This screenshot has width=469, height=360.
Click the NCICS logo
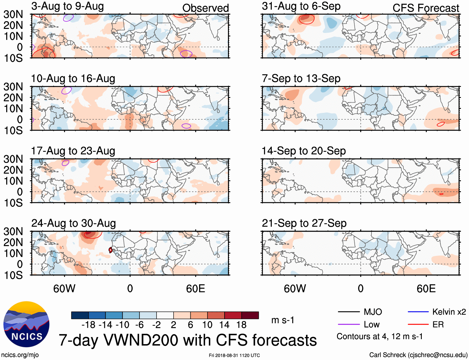coord(26,324)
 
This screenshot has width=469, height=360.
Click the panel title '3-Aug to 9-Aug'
coord(67,6)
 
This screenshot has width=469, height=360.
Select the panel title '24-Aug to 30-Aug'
coord(74,223)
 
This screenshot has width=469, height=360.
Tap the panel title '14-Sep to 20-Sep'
coord(303,151)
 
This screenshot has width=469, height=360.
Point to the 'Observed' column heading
coord(205,8)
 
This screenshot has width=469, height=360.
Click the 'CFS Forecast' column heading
coord(426,8)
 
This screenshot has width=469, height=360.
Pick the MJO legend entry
coord(360,312)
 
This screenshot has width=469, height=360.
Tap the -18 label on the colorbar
coord(89,325)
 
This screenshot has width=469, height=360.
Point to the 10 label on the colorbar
coord(207,325)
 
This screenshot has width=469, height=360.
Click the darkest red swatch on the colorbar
coord(250,315)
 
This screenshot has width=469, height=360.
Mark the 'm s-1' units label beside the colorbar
coord(283,320)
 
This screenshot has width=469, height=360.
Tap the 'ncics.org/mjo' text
coord(20,355)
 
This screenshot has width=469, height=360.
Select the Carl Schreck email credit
coord(418,355)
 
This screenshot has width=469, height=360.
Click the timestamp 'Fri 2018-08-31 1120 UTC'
coord(234,355)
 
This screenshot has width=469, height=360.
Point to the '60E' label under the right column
coord(426,288)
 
